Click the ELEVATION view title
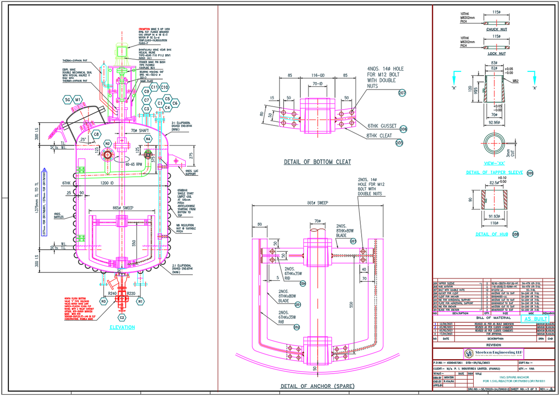click(x=122, y=327)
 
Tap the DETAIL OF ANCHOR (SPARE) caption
click(x=317, y=386)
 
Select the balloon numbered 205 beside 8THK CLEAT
click(x=399, y=143)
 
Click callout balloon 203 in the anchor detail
click(x=353, y=241)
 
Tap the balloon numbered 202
click(x=297, y=327)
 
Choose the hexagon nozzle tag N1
click(x=140, y=302)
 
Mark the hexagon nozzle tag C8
click(x=96, y=134)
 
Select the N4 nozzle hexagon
click(x=148, y=139)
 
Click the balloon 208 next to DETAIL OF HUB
click(x=515, y=234)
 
